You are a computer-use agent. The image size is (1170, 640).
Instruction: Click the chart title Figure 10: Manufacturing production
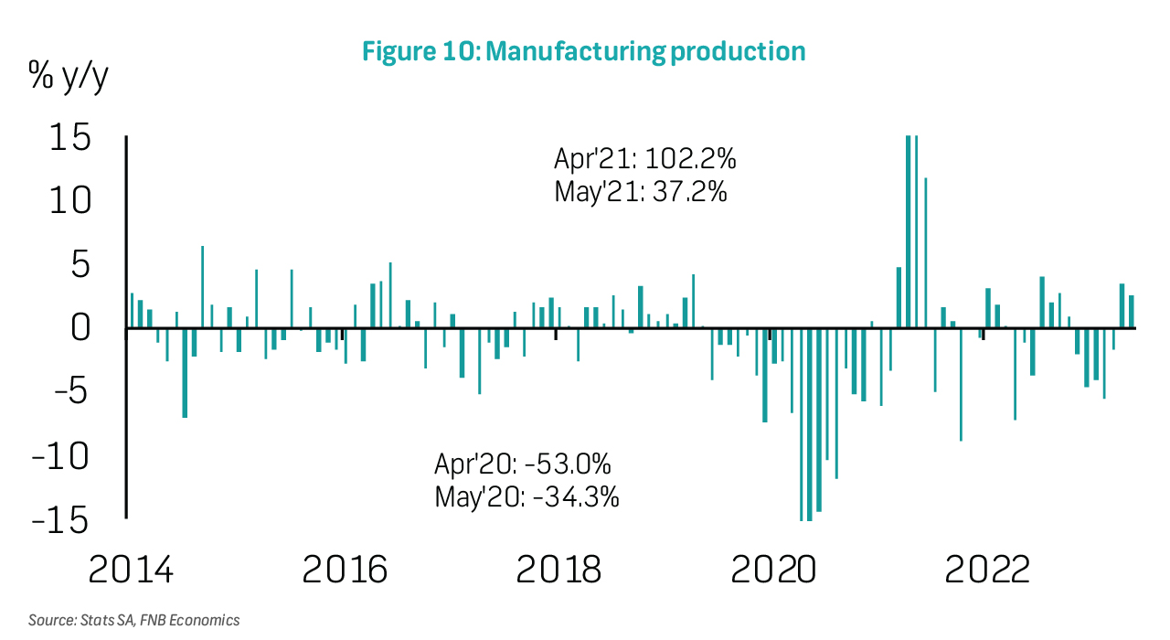click(584, 51)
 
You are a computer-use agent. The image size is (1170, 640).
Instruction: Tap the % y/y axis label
click(69, 80)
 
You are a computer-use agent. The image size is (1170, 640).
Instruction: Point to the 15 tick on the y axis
click(69, 139)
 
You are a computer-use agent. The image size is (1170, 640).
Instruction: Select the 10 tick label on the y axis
click(69, 200)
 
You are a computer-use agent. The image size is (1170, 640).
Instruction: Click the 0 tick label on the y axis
click(80, 327)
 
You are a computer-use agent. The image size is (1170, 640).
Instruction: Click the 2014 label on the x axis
click(131, 570)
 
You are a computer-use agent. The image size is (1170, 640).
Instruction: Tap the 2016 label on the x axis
click(345, 570)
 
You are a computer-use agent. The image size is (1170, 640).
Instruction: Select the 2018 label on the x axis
click(559, 570)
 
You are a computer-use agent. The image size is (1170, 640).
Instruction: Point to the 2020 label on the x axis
click(773, 570)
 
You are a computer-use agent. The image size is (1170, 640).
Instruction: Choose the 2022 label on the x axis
click(987, 570)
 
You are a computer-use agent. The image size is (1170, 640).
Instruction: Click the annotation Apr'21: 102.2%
click(645, 159)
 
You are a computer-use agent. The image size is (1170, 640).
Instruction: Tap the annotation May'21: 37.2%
click(641, 192)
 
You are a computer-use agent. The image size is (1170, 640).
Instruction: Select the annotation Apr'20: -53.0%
click(523, 464)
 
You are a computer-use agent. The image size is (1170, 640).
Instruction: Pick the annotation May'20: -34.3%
click(527, 497)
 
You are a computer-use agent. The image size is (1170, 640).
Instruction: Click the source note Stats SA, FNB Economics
click(133, 620)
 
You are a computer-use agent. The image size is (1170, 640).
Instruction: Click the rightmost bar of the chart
click(1131, 311)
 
